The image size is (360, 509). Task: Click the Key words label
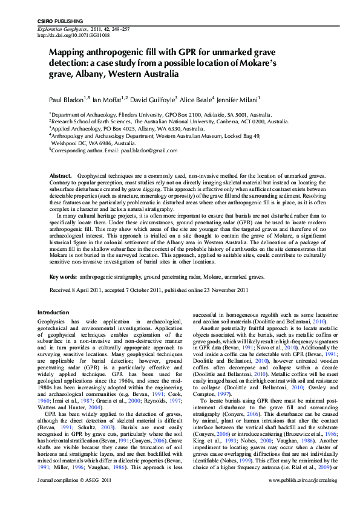[63, 276]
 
